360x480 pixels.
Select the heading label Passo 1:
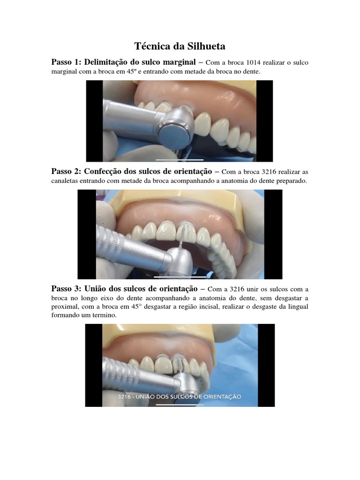coord(66,62)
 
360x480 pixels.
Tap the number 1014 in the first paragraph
coord(253,63)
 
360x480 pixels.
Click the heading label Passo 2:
coord(66,171)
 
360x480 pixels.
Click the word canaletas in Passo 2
coord(65,181)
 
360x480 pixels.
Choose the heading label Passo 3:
coord(66,289)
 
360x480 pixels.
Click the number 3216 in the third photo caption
coord(124,397)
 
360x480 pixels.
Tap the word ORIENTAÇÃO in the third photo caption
coord(222,397)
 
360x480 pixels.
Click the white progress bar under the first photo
coord(180,160)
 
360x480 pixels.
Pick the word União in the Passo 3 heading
coord(95,289)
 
